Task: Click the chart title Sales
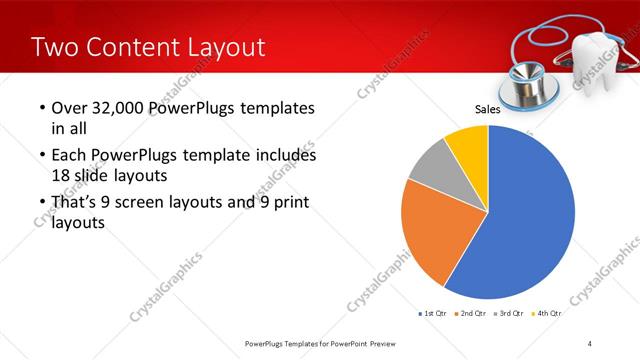[487, 110]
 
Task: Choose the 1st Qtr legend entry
[433, 314]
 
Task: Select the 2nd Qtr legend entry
[472, 314]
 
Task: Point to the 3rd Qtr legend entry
[511, 314]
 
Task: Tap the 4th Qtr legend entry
[549, 314]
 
